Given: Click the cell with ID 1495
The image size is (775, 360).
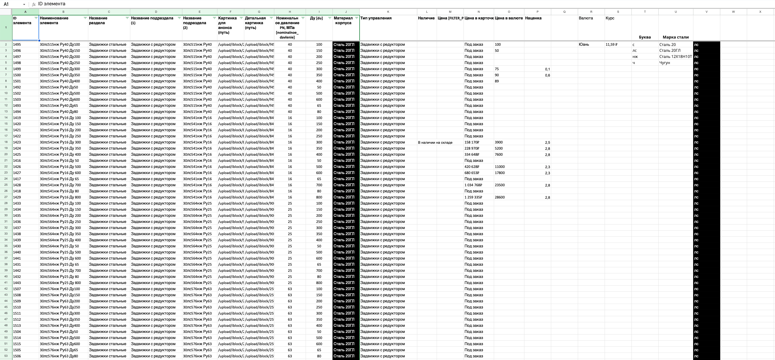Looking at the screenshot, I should click(x=17, y=45).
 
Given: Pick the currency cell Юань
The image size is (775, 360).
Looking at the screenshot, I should click(x=584, y=45).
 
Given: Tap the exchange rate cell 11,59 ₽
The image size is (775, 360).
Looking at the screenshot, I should click(x=611, y=45).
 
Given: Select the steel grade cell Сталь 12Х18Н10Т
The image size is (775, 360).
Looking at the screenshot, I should click(x=675, y=57).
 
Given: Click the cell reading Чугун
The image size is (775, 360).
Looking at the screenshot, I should click(x=665, y=63).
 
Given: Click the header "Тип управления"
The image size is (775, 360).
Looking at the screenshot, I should click(x=376, y=18).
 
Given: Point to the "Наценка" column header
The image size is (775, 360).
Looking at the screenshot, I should click(x=533, y=18).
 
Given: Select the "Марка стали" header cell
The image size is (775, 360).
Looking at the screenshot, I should click(x=675, y=37).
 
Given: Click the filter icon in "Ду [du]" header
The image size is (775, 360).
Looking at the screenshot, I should click(x=330, y=18).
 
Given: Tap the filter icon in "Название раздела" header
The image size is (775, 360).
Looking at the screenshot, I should click(x=127, y=18).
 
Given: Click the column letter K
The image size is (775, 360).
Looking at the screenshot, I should click(x=388, y=12).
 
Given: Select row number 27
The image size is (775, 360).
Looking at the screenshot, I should click(x=6, y=197).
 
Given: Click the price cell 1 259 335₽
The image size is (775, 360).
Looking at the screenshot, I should click(x=473, y=197).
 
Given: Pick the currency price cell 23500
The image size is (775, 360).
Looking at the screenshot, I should click(x=500, y=185).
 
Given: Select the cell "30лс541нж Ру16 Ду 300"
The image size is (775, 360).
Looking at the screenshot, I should click(x=60, y=142).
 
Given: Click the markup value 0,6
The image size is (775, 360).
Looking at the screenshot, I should click(x=547, y=75).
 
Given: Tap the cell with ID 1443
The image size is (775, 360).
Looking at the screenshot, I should click(x=17, y=283).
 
